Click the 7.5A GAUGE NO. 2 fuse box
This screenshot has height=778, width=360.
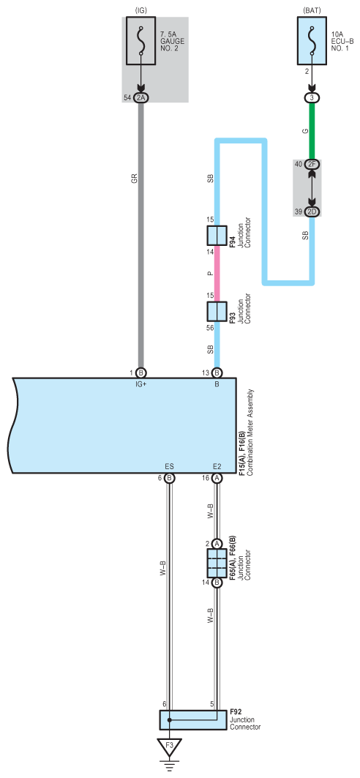click(140, 41)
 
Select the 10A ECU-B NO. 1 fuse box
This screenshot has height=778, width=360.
click(312, 41)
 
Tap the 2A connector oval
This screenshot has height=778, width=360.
click(140, 98)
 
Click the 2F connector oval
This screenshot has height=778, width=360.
click(312, 164)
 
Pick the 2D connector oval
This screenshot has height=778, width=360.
click(312, 212)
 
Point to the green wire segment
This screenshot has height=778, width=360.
click(312, 131)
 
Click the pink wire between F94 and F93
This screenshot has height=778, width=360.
click(217, 272)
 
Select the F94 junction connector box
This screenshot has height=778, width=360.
click(217, 235)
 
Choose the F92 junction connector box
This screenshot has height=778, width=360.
click(193, 719)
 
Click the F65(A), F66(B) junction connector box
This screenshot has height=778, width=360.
click(217, 563)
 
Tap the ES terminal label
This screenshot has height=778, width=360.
click(169, 466)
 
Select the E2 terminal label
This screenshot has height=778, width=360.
click(217, 466)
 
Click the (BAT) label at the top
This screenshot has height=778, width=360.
click(312, 10)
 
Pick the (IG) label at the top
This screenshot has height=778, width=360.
click(140, 10)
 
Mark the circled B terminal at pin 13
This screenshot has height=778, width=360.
click(217, 372)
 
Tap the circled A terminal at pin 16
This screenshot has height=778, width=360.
click(217, 478)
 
